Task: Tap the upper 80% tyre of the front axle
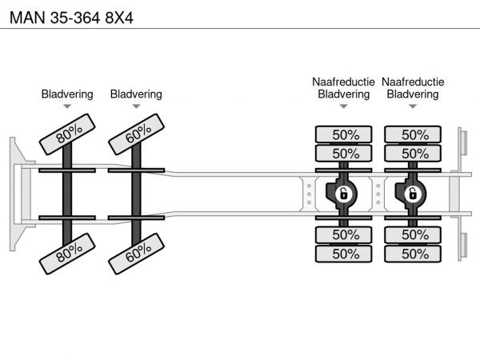pos(70,132)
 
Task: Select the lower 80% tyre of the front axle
pos(70,254)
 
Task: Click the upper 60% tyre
pos(138,132)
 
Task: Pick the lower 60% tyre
pos(138,254)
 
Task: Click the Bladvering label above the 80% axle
pos(67,94)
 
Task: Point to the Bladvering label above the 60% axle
pos(136,94)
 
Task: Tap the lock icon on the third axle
pos(343,194)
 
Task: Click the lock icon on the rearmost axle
pos(413,194)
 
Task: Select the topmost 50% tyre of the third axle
pos(344,134)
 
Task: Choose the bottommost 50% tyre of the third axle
pos(344,254)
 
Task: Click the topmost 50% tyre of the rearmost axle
pos(413,134)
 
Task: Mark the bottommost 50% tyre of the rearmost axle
pos(413,254)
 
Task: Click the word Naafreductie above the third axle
pos(344,82)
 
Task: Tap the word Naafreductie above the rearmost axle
pos(413,82)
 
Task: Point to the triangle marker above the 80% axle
pos(67,106)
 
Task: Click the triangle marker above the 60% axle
pos(136,106)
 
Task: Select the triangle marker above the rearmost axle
pos(413,106)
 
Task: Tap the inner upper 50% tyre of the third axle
pos(344,153)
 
